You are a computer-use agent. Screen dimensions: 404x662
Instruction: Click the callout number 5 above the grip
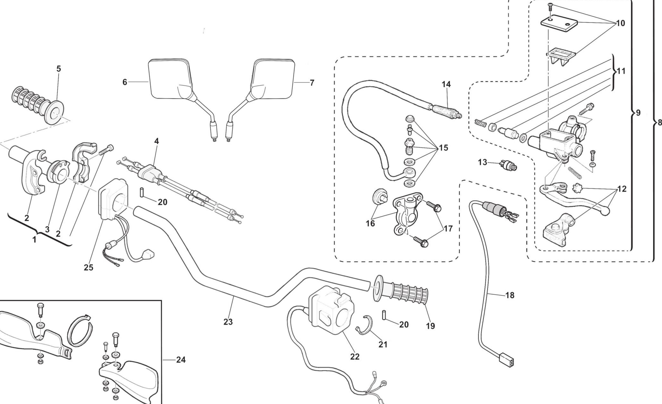click(59, 69)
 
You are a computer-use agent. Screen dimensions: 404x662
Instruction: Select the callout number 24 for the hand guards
click(181, 360)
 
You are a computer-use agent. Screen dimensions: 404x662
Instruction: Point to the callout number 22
click(355, 357)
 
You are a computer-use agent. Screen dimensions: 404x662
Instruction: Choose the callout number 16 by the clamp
click(370, 223)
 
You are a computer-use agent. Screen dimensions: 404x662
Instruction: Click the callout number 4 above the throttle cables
click(156, 141)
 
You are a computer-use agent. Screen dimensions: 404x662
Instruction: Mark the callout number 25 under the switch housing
click(88, 268)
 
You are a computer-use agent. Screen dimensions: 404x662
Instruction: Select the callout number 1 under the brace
click(34, 240)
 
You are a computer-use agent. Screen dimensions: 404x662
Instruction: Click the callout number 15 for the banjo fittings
click(444, 148)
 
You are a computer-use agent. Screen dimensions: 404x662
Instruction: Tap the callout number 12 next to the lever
click(622, 189)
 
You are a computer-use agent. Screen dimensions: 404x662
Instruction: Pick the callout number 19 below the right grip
click(430, 326)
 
